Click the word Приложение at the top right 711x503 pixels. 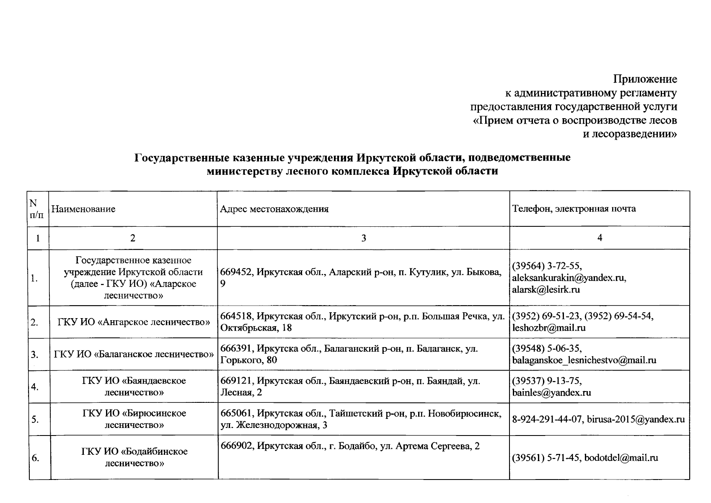pos(645,79)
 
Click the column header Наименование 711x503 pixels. pos(83,209)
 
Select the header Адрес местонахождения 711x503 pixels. pos(274,209)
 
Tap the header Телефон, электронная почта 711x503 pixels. pos(574,209)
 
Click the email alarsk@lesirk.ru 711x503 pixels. pos(546,289)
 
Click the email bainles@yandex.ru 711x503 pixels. pos(551,393)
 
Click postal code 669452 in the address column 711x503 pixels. pos(237,272)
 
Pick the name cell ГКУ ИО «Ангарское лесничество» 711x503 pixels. pos(133,322)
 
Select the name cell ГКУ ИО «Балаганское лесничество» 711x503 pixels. pos(133,355)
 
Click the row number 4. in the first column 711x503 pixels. pos(35,387)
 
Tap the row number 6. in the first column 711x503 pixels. pos(35,458)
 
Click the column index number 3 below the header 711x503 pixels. pos(363,238)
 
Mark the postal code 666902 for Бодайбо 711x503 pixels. pos(237,446)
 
